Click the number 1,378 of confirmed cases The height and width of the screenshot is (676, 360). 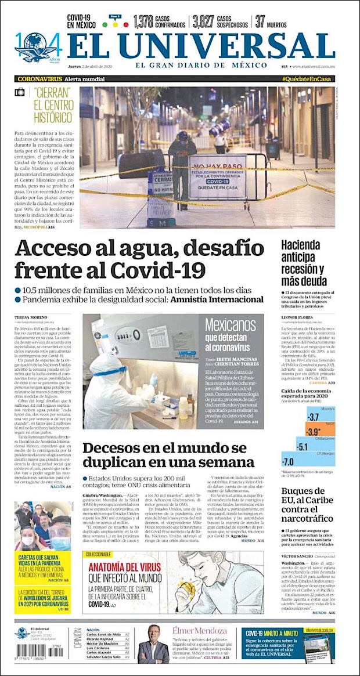pyautogui.click(x=143, y=22)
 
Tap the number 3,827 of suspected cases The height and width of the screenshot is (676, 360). pyautogui.click(x=203, y=22)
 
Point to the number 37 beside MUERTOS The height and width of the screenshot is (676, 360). pyautogui.click(x=261, y=22)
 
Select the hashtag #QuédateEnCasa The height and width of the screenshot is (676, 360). pyautogui.click(x=307, y=79)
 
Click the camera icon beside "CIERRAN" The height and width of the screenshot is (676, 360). pyautogui.click(x=20, y=92)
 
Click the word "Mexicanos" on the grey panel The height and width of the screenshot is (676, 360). pyautogui.click(x=231, y=325)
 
